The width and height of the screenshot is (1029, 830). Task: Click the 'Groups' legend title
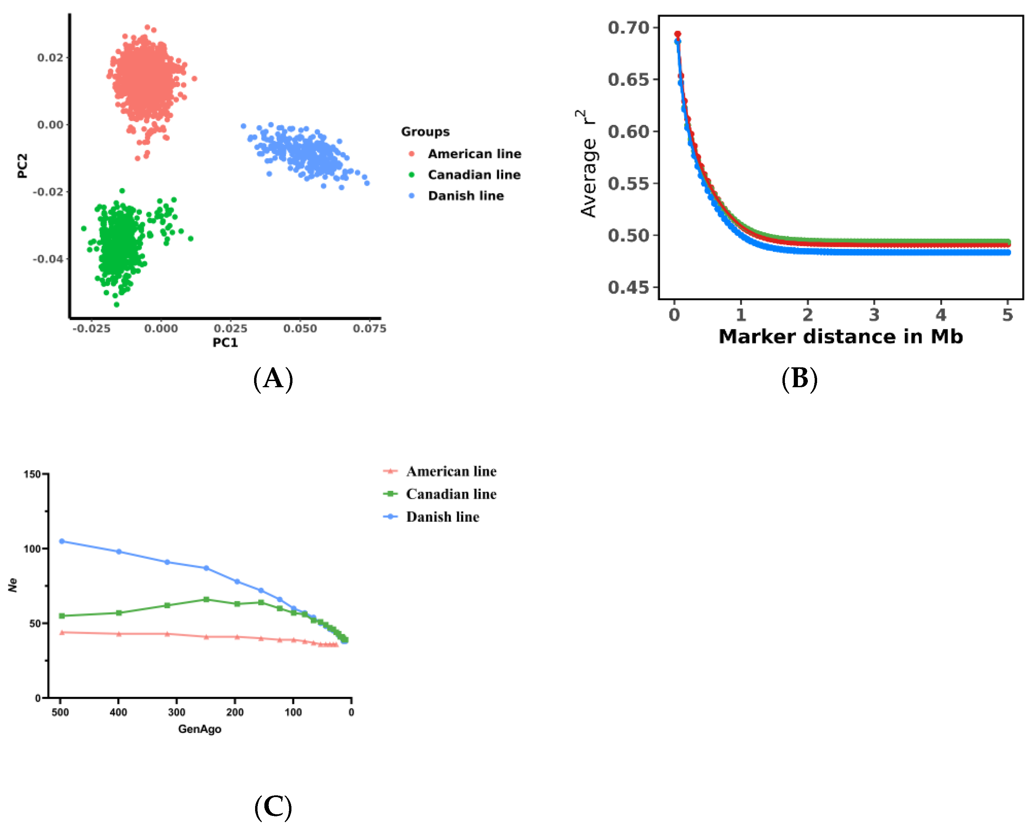tap(425, 132)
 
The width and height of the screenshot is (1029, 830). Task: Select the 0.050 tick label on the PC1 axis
tap(300, 329)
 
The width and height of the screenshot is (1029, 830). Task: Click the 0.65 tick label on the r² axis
tap(629, 79)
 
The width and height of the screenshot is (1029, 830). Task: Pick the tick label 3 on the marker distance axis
tap(874, 315)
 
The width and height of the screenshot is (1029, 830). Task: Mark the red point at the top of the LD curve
tap(677, 34)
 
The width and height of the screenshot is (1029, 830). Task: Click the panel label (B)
tap(799, 379)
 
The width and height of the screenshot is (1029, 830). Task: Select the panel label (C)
tap(273, 807)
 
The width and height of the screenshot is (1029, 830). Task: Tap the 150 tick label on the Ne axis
tap(32, 474)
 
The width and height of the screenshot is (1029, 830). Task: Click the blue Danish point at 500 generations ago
tap(62, 541)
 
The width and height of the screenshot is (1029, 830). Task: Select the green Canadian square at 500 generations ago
tap(62, 616)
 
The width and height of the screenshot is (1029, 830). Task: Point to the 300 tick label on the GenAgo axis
tap(176, 712)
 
